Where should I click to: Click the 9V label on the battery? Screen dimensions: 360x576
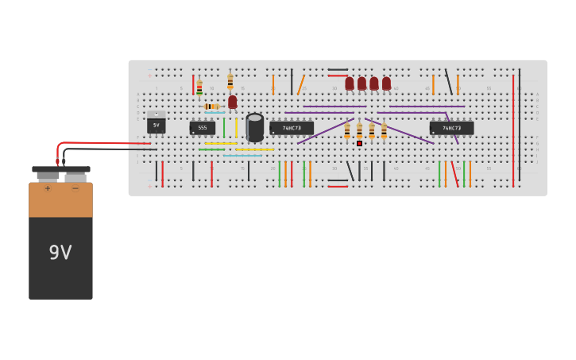[60, 253]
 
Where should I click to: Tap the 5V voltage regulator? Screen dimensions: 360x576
[156, 125]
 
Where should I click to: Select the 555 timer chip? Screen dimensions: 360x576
[202, 127]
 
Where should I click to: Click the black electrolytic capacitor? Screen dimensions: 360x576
[255, 127]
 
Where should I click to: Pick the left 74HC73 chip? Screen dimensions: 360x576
[292, 127]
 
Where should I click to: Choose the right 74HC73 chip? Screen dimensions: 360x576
[451, 127]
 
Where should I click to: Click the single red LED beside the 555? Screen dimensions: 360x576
[232, 102]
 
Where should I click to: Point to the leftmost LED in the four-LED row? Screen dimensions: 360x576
[350, 83]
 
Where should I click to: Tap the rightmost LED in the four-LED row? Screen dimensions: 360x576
[386, 83]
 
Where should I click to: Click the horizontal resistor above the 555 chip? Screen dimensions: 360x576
[211, 106]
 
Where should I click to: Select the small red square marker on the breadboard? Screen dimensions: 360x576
[359, 143]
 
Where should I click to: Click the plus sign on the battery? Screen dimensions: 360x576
[48, 188]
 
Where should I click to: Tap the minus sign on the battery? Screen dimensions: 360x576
[75, 188]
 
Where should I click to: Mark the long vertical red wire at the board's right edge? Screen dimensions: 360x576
[513, 131]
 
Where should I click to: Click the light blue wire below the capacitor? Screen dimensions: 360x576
[242, 156]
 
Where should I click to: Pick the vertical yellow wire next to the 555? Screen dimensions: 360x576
[236, 128]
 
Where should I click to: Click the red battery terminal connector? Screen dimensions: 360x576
[57, 161]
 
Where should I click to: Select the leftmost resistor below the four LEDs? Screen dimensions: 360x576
[347, 131]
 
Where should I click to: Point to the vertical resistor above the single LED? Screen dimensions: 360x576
[230, 81]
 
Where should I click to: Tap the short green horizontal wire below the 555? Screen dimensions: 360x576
[211, 149]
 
